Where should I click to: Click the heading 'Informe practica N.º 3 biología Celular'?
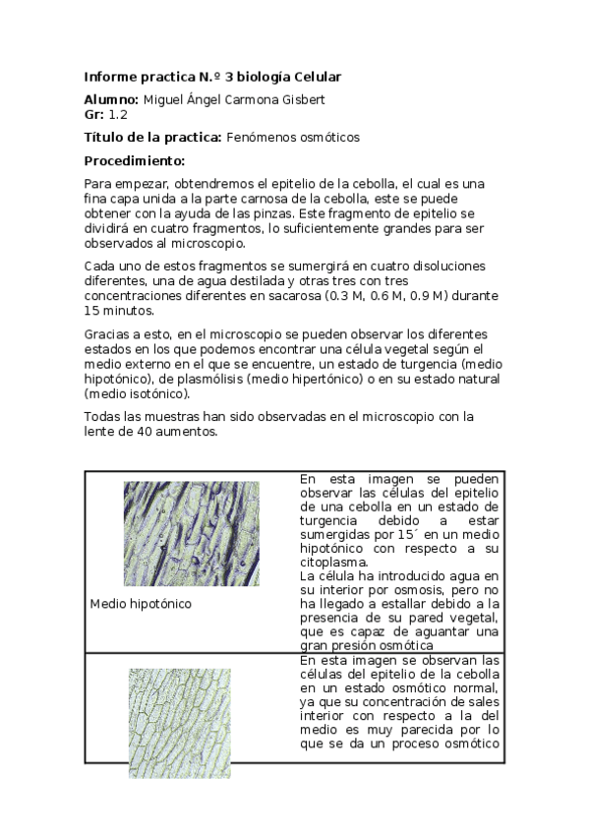point(212,77)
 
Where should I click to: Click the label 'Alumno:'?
point(112,99)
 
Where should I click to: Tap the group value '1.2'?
point(119,115)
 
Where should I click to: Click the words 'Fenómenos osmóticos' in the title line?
point(293,138)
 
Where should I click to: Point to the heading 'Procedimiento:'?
point(135,160)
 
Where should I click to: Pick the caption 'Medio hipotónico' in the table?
point(140,603)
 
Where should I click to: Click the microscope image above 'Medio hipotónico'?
point(192,533)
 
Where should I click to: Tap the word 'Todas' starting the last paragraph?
point(103,416)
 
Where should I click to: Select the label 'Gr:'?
point(94,115)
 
